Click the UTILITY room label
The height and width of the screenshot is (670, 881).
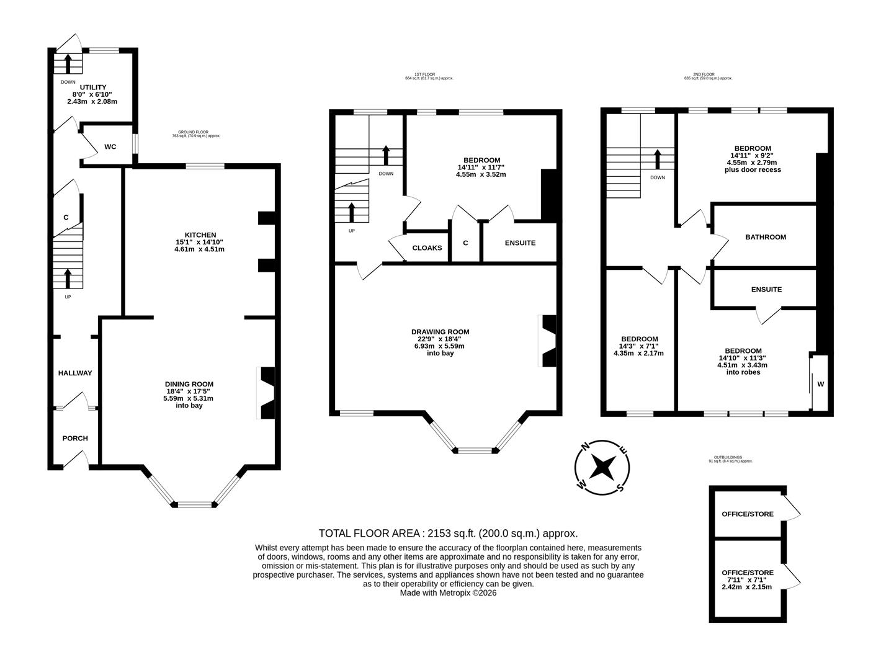coord(92,87)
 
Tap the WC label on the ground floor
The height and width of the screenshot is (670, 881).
coord(110,147)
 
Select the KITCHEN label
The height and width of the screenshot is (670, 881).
coord(199,235)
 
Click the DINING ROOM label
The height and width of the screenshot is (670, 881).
coord(189,384)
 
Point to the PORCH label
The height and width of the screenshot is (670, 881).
coord(75,438)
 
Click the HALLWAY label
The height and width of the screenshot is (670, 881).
coord(75,373)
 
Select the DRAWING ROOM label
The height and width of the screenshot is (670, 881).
coord(440,332)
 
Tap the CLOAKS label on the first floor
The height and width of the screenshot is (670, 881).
coord(427,248)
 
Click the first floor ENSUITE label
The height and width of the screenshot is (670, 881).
coord(520,243)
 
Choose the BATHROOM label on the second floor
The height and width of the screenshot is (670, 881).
coord(766,237)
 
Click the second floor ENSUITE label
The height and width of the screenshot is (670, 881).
coord(766,290)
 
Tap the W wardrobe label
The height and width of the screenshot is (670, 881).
coord(820,384)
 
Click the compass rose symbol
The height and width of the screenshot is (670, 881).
coord(602,467)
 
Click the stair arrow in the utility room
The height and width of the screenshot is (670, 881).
coord(68,64)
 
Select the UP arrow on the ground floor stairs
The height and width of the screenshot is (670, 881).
coord(68,279)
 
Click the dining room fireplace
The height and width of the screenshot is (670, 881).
coord(267,393)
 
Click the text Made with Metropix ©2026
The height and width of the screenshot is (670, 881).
coord(448,593)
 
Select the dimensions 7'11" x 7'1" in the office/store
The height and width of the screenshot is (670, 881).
coord(747,579)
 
